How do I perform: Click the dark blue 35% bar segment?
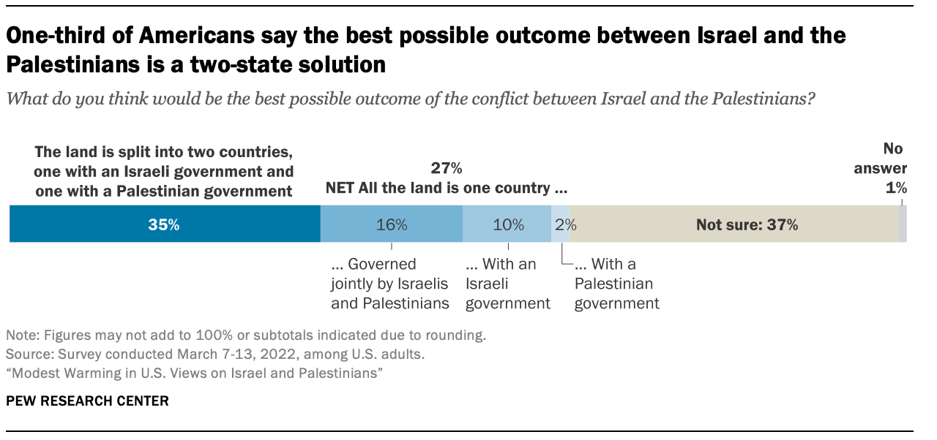(x=165, y=224)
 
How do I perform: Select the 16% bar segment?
(x=392, y=224)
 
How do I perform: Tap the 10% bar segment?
(x=507, y=224)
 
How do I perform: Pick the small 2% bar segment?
(x=560, y=224)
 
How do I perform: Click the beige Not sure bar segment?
(x=739, y=224)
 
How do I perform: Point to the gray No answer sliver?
(x=903, y=224)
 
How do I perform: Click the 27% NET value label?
(x=446, y=169)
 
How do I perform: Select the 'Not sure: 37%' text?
(x=747, y=224)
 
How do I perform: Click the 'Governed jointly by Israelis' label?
(x=389, y=284)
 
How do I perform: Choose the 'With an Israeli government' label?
(x=507, y=284)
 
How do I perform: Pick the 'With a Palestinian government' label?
(x=616, y=284)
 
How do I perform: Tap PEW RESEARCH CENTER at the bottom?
(x=87, y=401)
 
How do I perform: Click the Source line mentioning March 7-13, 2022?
(x=215, y=354)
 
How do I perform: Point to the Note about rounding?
(x=246, y=336)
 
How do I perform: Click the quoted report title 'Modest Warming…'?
(x=195, y=373)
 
